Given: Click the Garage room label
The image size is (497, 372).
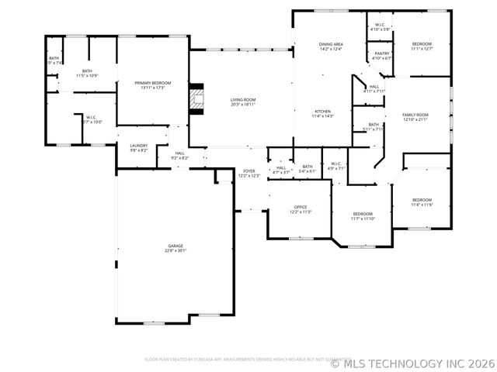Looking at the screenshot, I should point(175,246).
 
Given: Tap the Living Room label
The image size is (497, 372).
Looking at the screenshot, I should point(242,99).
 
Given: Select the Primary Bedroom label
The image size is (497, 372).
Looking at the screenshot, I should point(152,83).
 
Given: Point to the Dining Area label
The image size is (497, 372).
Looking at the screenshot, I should point(331,44).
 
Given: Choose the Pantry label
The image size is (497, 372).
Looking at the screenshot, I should point(382,53).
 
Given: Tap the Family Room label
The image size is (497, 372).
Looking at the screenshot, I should point(415,115).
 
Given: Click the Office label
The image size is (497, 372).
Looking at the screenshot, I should point(301,207).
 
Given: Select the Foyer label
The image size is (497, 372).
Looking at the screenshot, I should point(249,170).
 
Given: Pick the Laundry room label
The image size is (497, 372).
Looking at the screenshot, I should point(139,145).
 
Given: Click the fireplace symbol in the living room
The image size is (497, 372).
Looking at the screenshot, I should point(196,99).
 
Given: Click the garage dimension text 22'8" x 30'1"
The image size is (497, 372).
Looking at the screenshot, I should point(175,250).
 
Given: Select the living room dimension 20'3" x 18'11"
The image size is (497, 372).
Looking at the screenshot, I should point(242,104).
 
